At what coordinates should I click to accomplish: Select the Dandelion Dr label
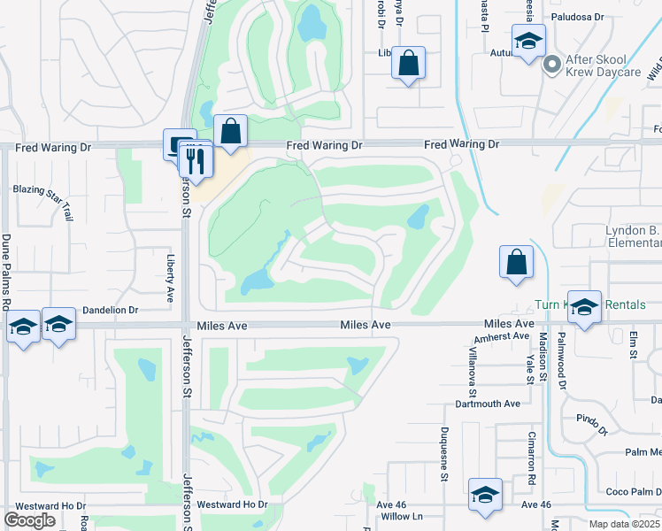111,311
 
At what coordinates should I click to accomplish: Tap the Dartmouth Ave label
487,404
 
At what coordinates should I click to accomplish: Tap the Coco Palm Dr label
633,492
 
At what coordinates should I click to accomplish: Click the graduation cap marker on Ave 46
485,496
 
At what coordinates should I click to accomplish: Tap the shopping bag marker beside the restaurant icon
230,132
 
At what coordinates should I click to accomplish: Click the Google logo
29,520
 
